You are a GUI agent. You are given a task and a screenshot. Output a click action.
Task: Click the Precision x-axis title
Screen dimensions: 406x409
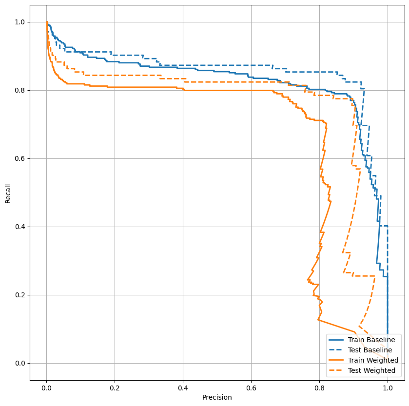coord(217,397)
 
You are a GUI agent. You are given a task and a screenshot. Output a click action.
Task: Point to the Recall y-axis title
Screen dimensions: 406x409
coord(8,193)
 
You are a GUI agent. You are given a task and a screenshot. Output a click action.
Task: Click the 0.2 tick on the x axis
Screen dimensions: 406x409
coord(115,387)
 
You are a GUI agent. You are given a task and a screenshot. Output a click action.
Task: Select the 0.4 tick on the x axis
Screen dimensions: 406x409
coord(183,387)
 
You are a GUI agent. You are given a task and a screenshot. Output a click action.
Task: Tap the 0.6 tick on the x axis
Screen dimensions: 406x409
coord(251,387)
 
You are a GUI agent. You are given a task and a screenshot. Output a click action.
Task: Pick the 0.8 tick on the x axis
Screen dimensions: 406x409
coord(319,387)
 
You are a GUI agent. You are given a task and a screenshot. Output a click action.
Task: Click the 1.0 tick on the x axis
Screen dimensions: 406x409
coord(388,387)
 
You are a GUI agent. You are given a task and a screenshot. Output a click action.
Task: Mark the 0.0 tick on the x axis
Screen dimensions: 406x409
coord(46,387)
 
